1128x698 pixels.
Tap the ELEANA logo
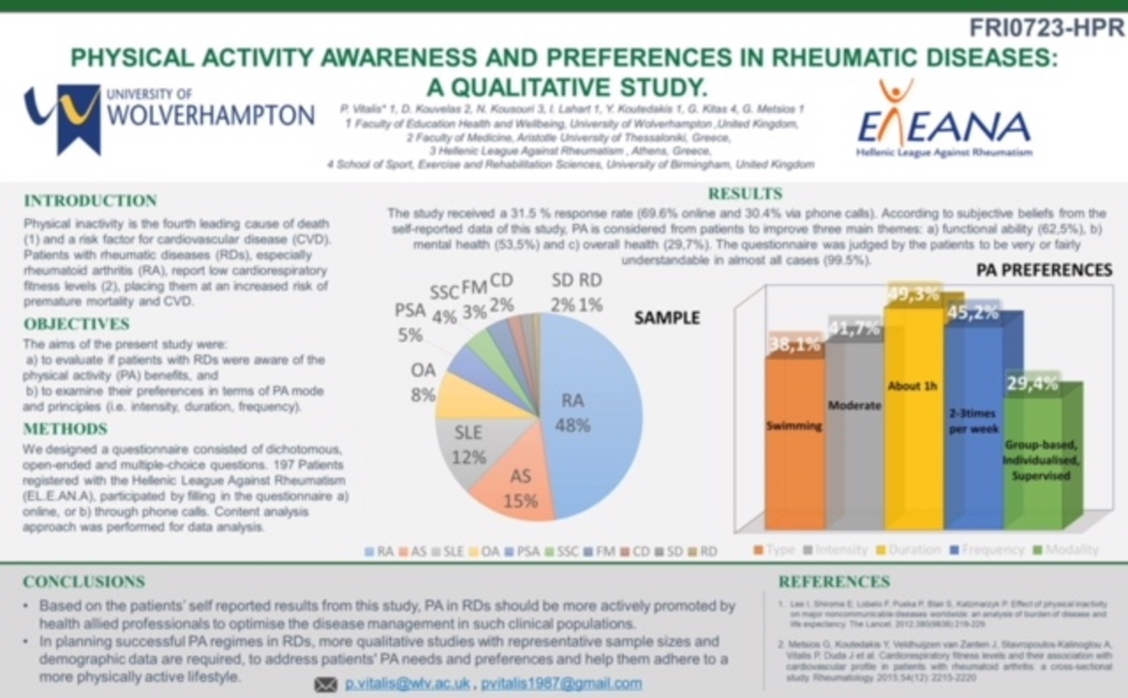click(943, 119)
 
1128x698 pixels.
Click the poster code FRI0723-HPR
click(1042, 26)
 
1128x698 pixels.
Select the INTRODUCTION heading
click(90, 201)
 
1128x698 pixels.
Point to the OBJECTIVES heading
click(77, 324)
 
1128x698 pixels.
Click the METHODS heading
click(66, 429)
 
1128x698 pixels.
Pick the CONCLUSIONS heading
click(85, 582)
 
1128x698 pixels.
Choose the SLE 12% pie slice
click(470, 446)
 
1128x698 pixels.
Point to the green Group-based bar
click(1041, 460)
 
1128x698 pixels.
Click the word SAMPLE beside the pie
click(666, 318)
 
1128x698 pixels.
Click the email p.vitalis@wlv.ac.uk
click(405, 684)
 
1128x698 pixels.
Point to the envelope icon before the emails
click(325, 685)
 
